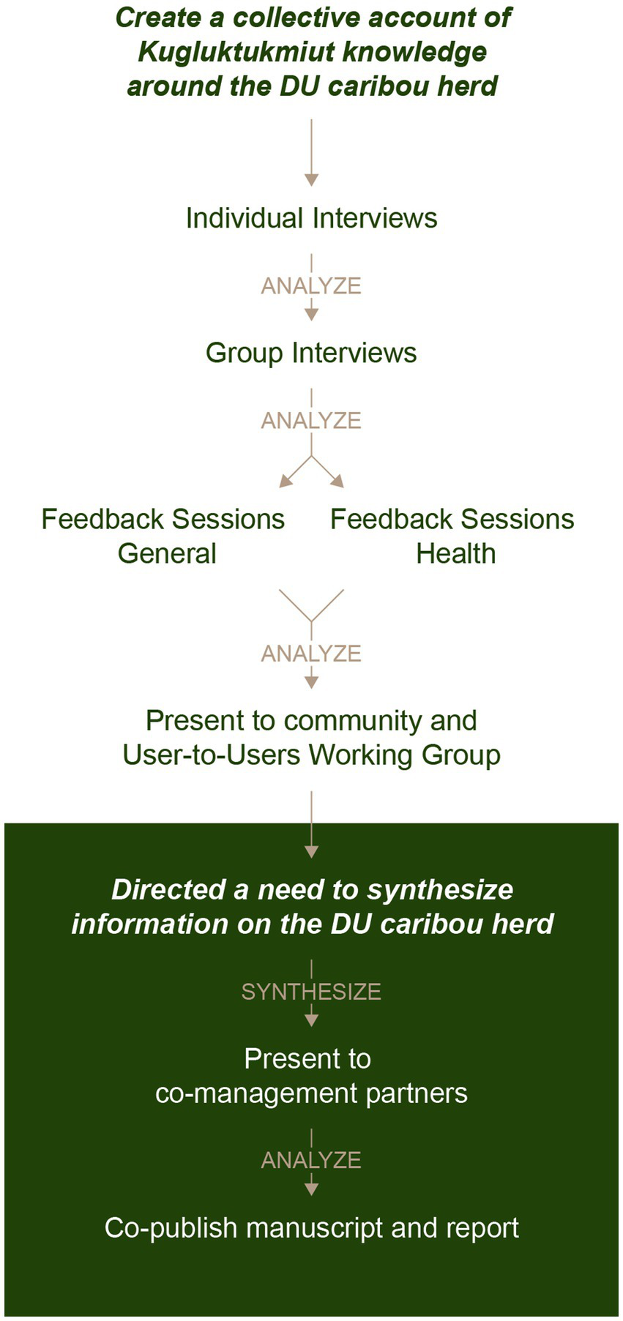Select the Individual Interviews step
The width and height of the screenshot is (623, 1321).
pos(311,218)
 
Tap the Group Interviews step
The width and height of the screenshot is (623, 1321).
pos(311,353)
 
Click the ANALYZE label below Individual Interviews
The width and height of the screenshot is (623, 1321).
pos(311,285)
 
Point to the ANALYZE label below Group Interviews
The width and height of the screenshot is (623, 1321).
pos(311,421)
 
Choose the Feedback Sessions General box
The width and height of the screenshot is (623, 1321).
pos(163,536)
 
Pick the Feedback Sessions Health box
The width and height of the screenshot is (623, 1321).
pos(452,536)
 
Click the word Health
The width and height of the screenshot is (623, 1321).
pos(456,553)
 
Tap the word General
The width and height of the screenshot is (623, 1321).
pos(167,553)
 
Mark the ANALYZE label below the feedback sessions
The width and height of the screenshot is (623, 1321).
pos(311,653)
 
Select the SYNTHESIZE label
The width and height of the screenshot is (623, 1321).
pos(311,992)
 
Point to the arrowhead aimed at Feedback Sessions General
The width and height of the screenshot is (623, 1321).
pos(286,481)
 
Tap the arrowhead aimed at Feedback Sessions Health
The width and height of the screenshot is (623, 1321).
pos(337,481)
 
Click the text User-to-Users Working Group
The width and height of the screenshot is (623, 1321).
pos(311,755)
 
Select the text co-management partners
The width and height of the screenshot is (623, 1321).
pos(311,1093)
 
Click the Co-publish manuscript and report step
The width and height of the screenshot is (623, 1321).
pos(311,1227)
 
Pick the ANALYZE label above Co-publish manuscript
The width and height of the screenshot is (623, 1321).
pos(311,1160)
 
